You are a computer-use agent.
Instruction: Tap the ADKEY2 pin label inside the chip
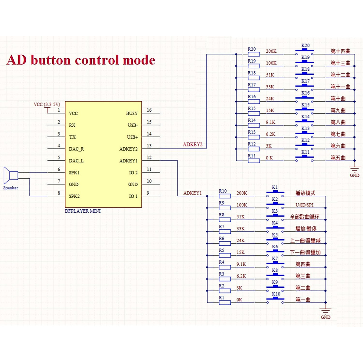click(x=128, y=149)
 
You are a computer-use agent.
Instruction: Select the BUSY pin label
click(x=132, y=113)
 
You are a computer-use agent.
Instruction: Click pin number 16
click(x=149, y=110)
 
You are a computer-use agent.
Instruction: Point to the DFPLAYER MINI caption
click(x=83, y=211)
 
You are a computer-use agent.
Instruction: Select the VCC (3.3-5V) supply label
click(x=47, y=104)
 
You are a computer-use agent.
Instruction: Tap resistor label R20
click(x=252, y=49)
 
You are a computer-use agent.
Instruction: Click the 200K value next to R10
click(x=242, y=193)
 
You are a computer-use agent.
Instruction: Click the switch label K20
click(x=306, y=46)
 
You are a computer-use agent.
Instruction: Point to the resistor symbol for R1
click(x=225, y=302)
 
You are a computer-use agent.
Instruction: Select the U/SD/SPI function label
click(x=304, y=205)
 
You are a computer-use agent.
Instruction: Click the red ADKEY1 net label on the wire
click(x=192, y=193)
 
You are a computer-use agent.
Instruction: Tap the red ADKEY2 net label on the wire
click(x=192, y=145)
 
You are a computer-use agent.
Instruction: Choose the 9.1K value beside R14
click(x=270, y=123)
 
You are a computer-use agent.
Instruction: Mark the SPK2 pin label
click(x=74, y=196)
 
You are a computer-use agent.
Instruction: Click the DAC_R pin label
click(x=76, y=149)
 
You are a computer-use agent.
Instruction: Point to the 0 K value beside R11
click(x=269, y=158)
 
